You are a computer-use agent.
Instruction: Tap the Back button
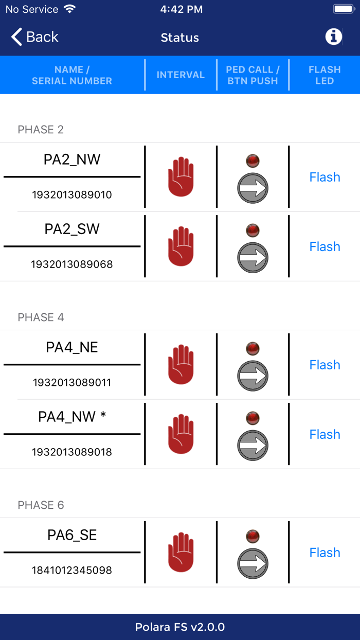pos(35,37)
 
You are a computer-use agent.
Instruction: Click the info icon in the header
pos(333,37)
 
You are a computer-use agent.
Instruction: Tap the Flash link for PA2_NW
pos(325,177)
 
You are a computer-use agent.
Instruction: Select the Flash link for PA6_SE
pos(325,553)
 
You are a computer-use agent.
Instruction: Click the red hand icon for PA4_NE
pos(181,365)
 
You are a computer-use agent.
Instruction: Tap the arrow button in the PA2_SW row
pos(253,257)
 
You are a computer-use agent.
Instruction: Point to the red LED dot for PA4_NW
pos(253,418)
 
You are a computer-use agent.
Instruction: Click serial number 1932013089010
pos(72,195)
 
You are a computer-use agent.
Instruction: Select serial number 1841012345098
pos(72,571)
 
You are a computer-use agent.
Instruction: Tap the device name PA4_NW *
pos(72,417)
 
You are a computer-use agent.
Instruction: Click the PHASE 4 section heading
pos(41,317)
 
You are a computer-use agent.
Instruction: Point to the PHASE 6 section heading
pos(41,505)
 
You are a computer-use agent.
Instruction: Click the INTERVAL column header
pos(181,75)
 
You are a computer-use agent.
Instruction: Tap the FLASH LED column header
pos(325,75)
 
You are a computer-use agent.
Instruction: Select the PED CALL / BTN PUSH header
pos(253,75)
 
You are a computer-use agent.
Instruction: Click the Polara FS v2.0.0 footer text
pos(180,627)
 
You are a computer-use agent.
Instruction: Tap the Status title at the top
pos(180,38)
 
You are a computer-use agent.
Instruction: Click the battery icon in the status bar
pos(343,9)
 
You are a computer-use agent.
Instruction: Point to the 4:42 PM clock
pos(181,9)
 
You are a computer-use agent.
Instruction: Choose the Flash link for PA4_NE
pos(325,365)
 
